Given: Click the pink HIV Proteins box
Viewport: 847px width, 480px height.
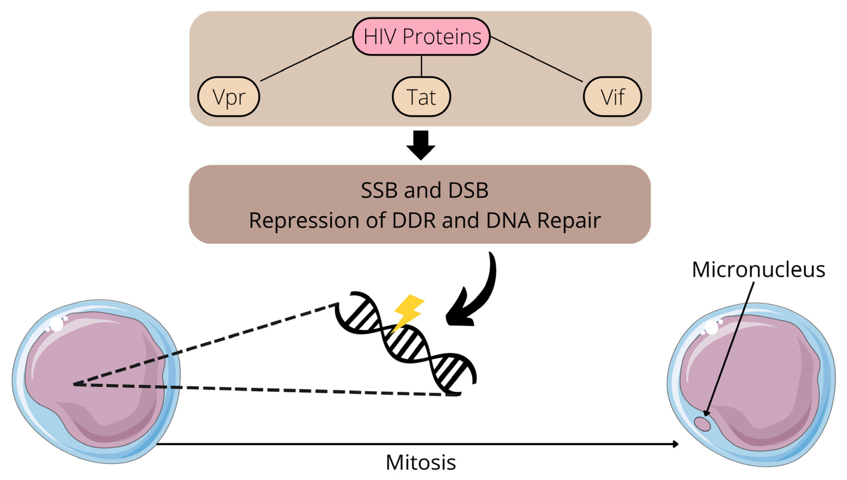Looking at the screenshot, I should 421,36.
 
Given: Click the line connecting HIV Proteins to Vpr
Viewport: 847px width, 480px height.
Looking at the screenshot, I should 306,59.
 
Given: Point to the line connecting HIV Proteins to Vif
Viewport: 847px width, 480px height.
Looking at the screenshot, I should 537,59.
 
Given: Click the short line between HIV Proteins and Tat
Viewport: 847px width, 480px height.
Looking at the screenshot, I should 421,66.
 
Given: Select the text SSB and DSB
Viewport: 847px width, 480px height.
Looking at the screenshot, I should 424,190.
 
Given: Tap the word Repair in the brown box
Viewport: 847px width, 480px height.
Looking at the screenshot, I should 569,220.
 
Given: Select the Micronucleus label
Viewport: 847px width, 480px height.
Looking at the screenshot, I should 758,270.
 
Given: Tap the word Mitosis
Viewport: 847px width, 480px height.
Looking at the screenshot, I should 421,463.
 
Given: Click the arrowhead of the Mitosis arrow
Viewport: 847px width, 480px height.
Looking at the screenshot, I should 675,444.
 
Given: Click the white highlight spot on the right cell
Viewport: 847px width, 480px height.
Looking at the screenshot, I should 711,327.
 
